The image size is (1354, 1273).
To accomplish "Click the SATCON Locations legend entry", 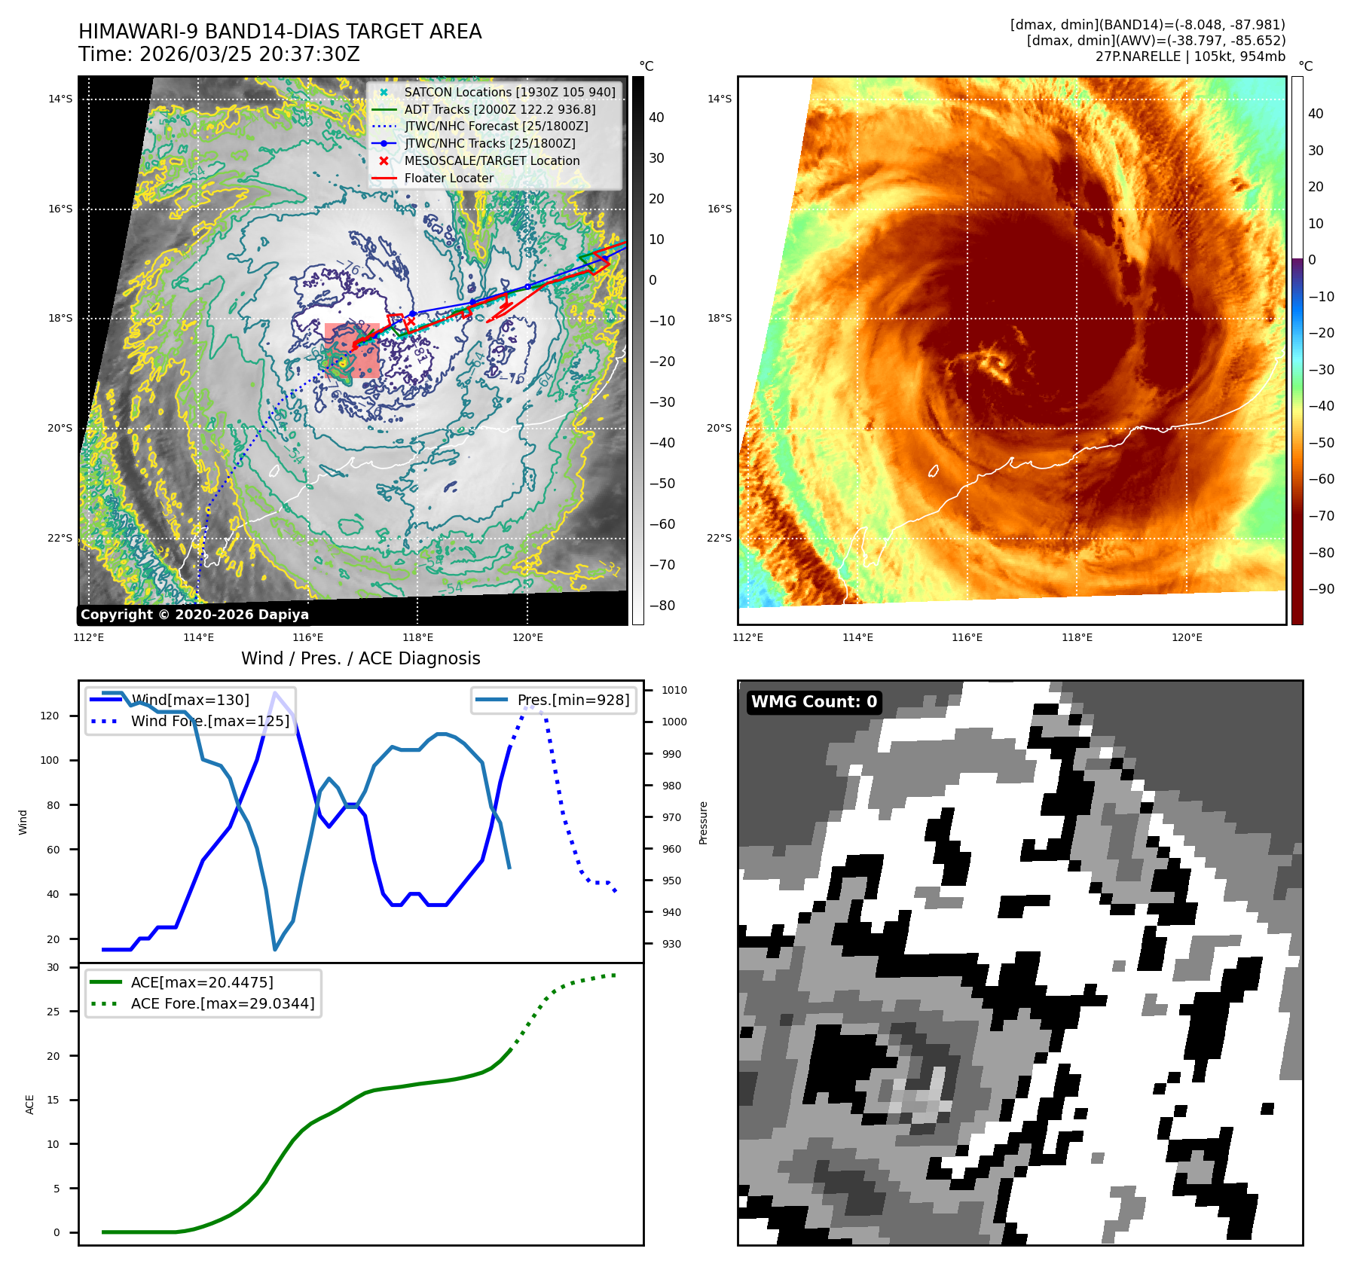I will pos(509,92).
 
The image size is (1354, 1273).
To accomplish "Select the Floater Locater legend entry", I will pos(449,179).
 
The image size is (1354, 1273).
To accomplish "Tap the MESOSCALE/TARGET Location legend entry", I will pos(492,161).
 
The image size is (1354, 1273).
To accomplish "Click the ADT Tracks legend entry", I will pos(500,109).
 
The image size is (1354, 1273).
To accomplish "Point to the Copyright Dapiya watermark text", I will pos(194,615).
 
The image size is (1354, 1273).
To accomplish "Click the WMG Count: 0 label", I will pos(814,702).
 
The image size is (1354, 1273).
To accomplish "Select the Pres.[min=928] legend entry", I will pos(573,701).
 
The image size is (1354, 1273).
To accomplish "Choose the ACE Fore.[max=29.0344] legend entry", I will pos(222,1003).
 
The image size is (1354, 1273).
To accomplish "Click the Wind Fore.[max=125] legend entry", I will pos(209,721).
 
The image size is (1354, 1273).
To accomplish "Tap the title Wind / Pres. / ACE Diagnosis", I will pos(360,658).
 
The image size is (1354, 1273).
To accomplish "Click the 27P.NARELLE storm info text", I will pos(1190,56).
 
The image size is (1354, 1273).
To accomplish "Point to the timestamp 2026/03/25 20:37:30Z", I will pos(249,55).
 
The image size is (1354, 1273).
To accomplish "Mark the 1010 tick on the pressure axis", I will pos(674,690).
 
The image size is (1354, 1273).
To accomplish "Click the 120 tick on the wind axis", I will pos(50,716).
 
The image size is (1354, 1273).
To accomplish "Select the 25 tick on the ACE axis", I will pos(53,1012).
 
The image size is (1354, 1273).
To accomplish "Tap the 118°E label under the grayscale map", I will pos(417,637).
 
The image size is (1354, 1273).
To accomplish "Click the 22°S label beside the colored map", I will pos(719,538).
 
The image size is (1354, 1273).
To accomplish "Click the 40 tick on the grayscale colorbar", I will pos(656,118).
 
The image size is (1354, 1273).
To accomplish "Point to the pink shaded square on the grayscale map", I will pos(353,350).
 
